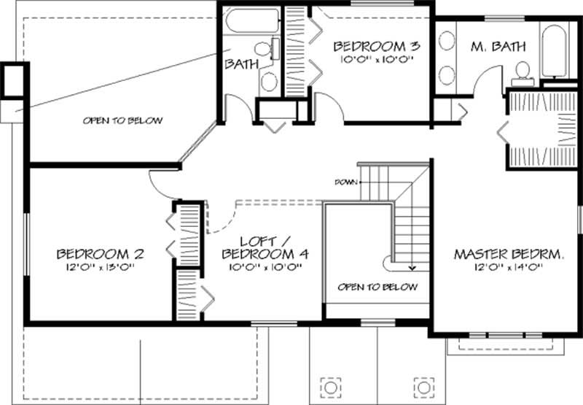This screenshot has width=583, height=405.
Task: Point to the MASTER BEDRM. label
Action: [509, 255]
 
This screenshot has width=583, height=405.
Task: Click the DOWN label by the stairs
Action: [345, 182]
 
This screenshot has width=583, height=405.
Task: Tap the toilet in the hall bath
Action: [276, 49]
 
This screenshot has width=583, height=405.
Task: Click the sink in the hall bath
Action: [269, 80]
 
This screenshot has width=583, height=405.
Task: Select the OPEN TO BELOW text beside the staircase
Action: [377, 287]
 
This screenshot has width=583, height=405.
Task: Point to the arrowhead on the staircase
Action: [411, 267]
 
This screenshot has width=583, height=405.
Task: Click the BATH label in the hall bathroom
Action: [242, 64]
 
